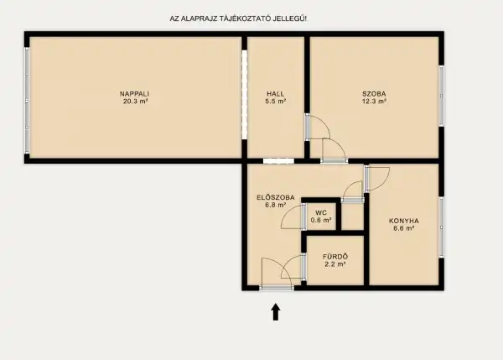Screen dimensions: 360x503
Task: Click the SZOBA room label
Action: coord(374,93)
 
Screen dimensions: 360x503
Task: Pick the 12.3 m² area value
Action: coord(374,101)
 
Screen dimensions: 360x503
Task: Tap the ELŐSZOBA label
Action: coord(275,196)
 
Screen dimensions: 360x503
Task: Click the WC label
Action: coord(321,212)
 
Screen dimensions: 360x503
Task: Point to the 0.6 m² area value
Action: coord(321,220)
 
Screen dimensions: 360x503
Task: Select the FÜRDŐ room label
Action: coord(334,256)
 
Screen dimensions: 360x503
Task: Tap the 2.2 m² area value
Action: coord(334,263)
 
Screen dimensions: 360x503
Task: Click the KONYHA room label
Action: coord(403,221)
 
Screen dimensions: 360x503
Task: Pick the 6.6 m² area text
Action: coord(403,228)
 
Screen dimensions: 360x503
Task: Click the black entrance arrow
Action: coord(276,312)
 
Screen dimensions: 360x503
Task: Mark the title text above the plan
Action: coord(239,18)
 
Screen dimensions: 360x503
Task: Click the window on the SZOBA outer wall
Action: coord(441,97)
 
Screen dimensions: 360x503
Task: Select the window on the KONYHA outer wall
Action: coord(441,224)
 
